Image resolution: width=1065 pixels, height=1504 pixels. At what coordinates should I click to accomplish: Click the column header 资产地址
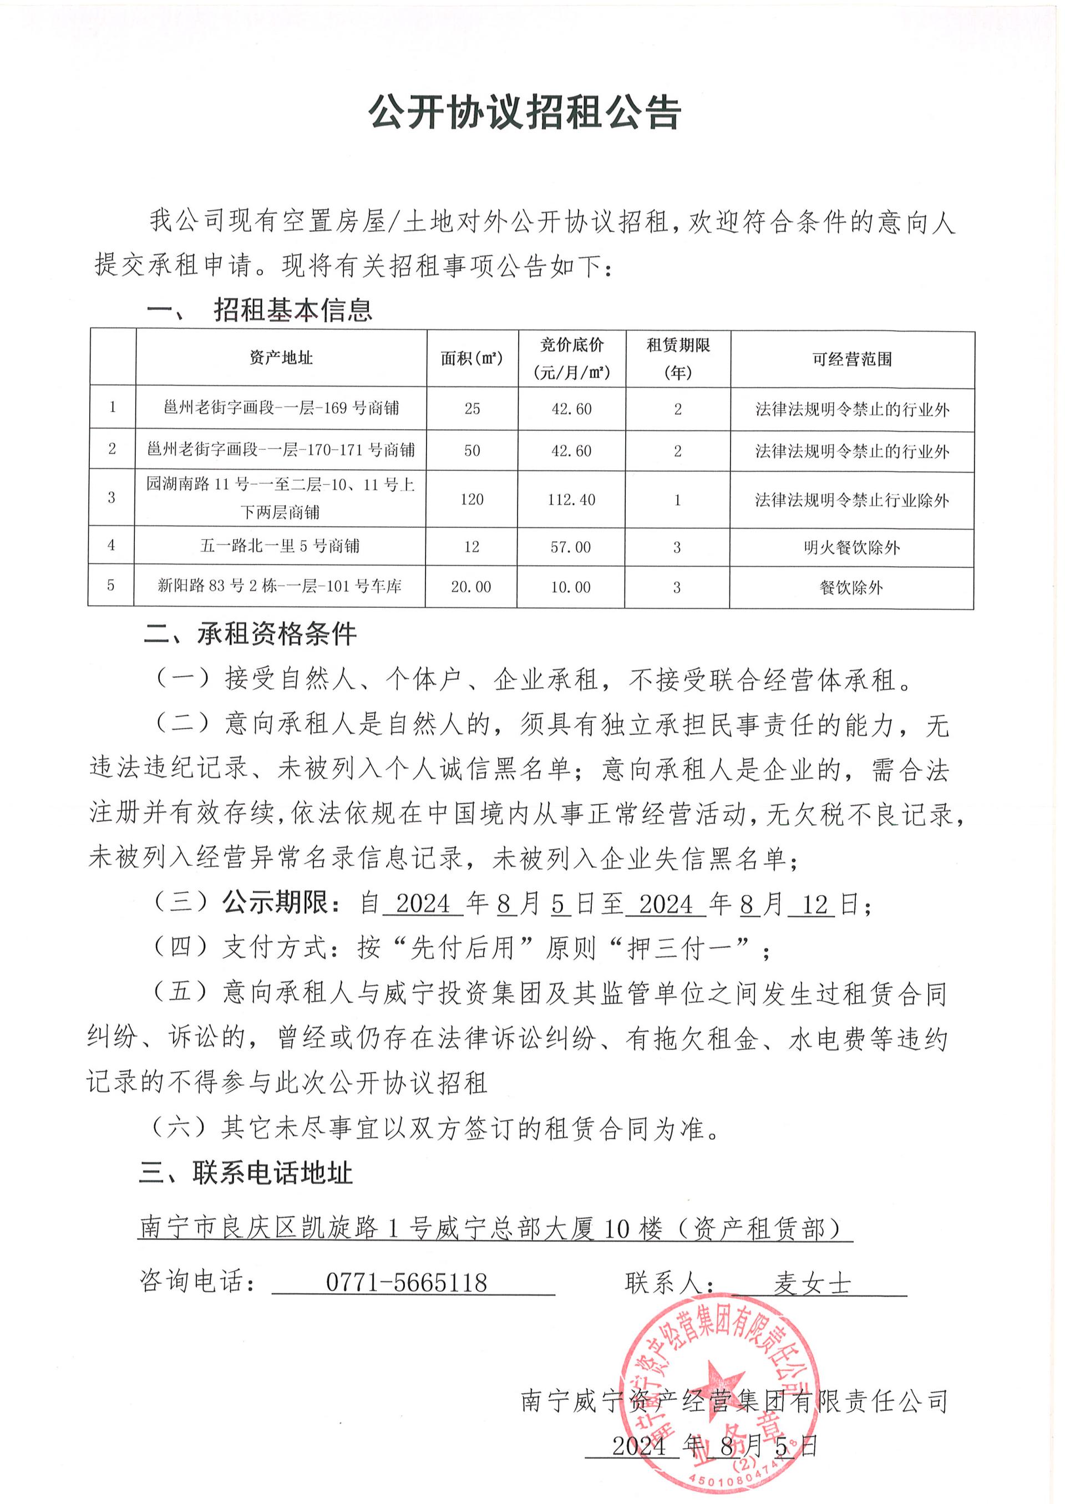coord(281,358)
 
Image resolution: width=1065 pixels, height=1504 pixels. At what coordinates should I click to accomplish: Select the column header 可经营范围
coord(852,359)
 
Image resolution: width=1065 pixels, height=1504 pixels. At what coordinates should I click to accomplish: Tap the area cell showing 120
coord(471,500)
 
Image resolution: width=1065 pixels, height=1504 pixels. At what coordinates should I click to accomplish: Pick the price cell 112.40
coord(571,500)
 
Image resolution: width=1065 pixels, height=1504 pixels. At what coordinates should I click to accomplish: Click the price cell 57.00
coord(571,547)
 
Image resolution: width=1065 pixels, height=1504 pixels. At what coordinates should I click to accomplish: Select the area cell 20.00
coord(471,587)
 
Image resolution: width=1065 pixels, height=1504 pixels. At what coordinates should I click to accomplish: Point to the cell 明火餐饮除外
coord(851,547)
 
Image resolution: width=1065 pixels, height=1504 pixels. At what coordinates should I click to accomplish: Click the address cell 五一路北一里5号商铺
coord(280,546)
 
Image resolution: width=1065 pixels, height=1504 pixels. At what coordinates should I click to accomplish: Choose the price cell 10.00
coord(571,587)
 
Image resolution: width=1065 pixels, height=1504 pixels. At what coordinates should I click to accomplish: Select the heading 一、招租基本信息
coord(259,310)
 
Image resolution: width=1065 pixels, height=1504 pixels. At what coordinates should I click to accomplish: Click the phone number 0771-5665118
coord(406,1282)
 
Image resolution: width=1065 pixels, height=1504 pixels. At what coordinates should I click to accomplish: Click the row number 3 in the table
coord(111,497)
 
